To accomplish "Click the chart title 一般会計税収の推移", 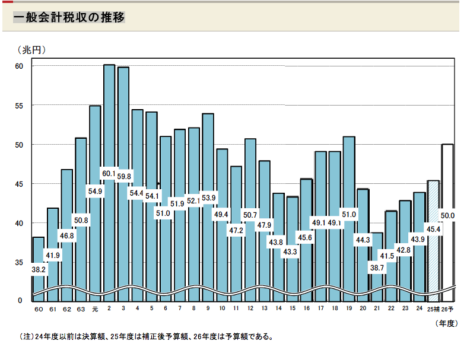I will click(x=69, y=18).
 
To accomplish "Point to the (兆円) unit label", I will click(x=31, y=50).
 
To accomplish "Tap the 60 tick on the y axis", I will click(x=19, y=66).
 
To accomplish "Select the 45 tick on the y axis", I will click(x=19, y=184).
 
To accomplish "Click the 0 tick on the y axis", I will click(x=19, y=300).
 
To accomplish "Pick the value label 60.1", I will click(x=109, y=174).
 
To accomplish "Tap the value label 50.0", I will click(x=449, y=216).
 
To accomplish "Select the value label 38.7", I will click(x=377, y=267).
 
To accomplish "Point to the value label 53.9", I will click(x=208, y=197).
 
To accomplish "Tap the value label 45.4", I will click(x=434, y=228).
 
